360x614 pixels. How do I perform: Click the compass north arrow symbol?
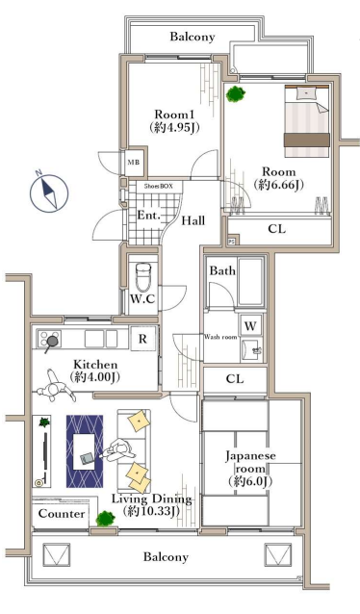pos(49,192)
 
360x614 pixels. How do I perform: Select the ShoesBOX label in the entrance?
pos(158,186)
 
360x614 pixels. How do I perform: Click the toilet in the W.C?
pos(143,275)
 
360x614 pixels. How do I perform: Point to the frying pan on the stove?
pos(51,343)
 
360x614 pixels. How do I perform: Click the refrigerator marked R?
pos(142,339)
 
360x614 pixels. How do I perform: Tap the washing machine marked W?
pos(250,325)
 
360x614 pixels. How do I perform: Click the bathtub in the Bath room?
pos(250,281)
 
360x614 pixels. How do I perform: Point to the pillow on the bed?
pos(305,93)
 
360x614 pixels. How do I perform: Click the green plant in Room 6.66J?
pos(236,93)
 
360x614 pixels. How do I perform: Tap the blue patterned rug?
pos(85,451)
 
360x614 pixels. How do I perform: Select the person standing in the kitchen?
pos(56,385)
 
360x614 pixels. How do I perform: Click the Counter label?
pos(62,513)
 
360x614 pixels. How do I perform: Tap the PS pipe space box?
pos(232,242)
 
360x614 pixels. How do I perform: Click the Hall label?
pos(193,220)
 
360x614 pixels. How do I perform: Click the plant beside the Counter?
pos(106,519)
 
